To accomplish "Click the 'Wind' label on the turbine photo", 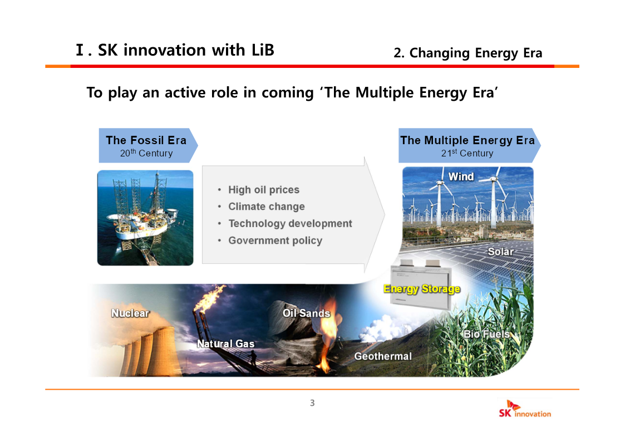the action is pyautogui.click(x=461, y=176).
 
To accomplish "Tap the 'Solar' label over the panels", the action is pyautogui.click(x=501, y=252).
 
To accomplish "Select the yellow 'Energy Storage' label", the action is pyautogui.click(x=422, y=288).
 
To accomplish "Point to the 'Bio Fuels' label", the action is pyautogui.click(x=486, y=334).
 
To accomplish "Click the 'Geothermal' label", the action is pyautogui.click(x=383, y=356).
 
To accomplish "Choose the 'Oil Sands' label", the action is pyautogui.click(x=307, y=313).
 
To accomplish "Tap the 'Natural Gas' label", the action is pyautogui.click(x=225, y=343).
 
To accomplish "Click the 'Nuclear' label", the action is pyautogui.click(x=130, y=313).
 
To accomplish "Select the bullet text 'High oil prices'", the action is pyautogui.click(x=263, y=190).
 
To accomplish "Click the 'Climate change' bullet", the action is pyautogui.click(x=266, y=207).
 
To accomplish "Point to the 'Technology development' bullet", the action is pyautogui.click(x=290, y=224).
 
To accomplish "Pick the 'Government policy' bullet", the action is pyautogui.click(x=275, y=240).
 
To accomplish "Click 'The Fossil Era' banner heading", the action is pyautogui.click(x=146, y=140).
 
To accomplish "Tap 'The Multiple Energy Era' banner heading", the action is pyautogui.click(x=467, y=140).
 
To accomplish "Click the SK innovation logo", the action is pyautogui.click(x=525, y=409).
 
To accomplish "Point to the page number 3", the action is pyautogui.click(x=312, y=403).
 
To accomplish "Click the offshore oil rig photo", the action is pyautogui.click(x=145, y=218).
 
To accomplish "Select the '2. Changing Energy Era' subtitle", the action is pyautogui.click(x=467, y=53).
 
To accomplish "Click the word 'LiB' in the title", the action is pyautogui.click(x=263, y=50).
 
